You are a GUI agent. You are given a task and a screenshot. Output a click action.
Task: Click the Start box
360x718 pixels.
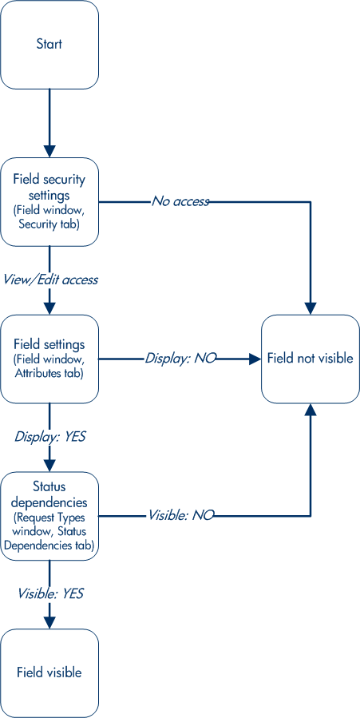(x=49, y=45)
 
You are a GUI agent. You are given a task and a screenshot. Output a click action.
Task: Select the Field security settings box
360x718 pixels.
(x=49, y=201)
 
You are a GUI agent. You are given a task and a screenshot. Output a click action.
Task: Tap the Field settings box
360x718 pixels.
(x=49, y=359)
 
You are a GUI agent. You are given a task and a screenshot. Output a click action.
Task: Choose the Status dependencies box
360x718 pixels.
(x=49, y=516)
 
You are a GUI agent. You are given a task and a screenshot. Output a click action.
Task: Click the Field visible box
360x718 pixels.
(x=49, y=672)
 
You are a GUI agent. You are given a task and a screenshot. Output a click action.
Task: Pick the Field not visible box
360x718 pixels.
(x=311, y=359)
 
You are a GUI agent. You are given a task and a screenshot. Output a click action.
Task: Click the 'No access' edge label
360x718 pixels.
(x=180, y=201)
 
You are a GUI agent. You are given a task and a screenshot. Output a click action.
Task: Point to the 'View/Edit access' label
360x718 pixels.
(x=50, y=280)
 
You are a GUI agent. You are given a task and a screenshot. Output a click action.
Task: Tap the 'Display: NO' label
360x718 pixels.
(x=180, y=358)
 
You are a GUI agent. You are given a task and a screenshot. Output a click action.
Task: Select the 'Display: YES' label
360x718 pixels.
(x=50, y=436)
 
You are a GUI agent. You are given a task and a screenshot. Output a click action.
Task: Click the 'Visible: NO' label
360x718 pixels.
(x=180, y=515)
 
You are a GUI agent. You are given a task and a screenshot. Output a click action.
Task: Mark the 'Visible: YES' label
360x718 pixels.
(x=50, y=594)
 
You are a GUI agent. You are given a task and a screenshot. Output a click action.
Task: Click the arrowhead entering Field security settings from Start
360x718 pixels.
(x=49, y=152)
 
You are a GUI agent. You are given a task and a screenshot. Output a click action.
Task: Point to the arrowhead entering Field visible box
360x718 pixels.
(x=49, y=623)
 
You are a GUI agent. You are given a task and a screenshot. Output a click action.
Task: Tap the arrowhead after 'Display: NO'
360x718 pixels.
(x=255, y=359)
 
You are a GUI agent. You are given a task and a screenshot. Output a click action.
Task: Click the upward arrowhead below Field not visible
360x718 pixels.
(x=311, y=410)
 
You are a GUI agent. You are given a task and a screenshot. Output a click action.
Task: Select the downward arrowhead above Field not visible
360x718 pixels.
(x=311, y=308)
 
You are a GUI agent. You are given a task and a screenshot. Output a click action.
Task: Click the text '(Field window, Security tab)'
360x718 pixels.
(x=49, y=218)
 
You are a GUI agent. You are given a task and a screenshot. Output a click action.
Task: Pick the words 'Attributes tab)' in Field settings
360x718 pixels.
(x=49, y=373)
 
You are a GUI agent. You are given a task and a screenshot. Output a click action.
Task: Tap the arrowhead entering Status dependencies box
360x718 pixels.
(x=49, y=466)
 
